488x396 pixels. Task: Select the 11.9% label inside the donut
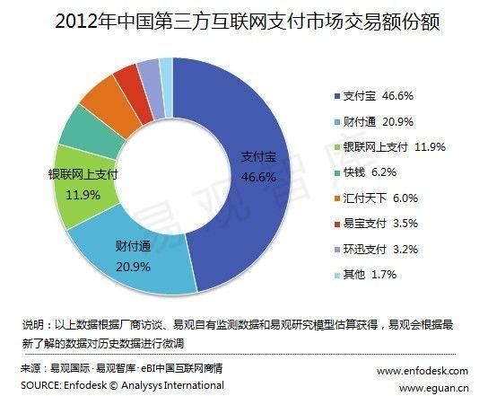click(83, 194)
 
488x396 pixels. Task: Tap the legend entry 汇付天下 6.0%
click(367, 198)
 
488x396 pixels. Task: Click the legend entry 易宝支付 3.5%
click(367, 224)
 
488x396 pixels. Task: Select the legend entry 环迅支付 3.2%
click(367, 250)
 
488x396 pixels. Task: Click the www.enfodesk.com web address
click(422, 370)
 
